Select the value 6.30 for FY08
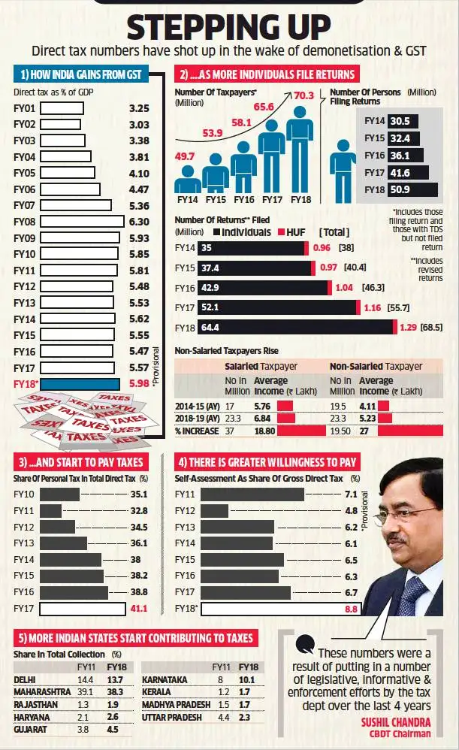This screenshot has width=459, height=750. (139, 222)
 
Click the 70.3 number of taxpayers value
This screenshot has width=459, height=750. (303, 95)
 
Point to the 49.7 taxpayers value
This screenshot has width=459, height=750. (185, 156)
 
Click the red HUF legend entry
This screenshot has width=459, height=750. (291, 233)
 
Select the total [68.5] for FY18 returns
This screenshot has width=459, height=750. (432, 328)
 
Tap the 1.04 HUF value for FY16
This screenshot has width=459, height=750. (345, 287)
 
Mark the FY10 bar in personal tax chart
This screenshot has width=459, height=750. (59, 494)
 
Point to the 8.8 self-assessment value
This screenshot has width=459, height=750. (351, 609)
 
